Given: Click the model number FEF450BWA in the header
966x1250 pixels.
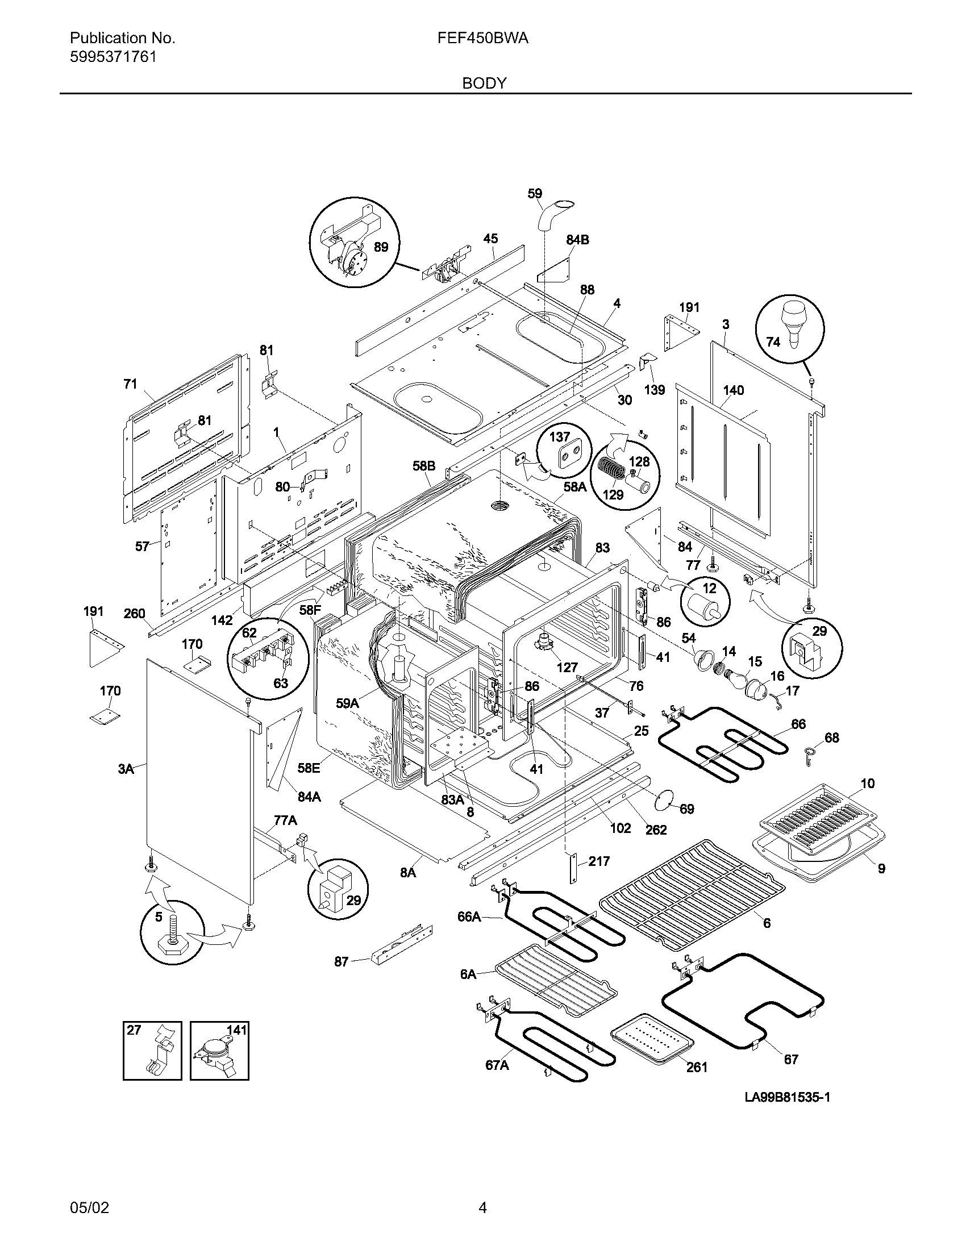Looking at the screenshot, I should pyautogui.click(x=482, y=38).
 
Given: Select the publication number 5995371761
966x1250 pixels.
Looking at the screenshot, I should pyautogui.click(x=113, y=57).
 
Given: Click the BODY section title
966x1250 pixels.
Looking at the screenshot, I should pyautogui.click(x=484, y=84).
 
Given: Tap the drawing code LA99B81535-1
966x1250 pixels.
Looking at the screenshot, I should pyautogui.click(x=788, y=1097).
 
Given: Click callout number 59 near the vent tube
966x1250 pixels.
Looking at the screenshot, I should pyautogui.click(x=535, y=194).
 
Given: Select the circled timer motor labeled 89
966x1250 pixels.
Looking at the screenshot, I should pyautogui.click(x=352, y=246).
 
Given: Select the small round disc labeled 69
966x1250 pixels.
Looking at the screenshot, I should pyautogui.click(x=664, y=798).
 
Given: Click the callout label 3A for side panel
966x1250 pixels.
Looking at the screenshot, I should pyautogui.click(x=126, y=769).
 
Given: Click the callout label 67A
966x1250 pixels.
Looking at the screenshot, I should pyautogui.click(x=497, y=1065).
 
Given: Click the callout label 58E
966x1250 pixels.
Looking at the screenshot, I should pyautogui.click(x=308, y=768).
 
